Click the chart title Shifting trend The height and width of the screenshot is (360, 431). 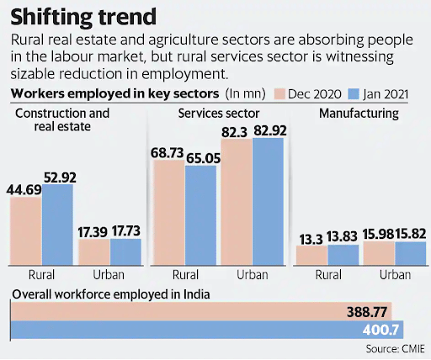point(77,17)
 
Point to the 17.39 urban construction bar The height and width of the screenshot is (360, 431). point(94,253)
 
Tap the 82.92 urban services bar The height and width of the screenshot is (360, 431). point(269,202)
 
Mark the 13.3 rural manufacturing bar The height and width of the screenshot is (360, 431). point(311,256)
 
